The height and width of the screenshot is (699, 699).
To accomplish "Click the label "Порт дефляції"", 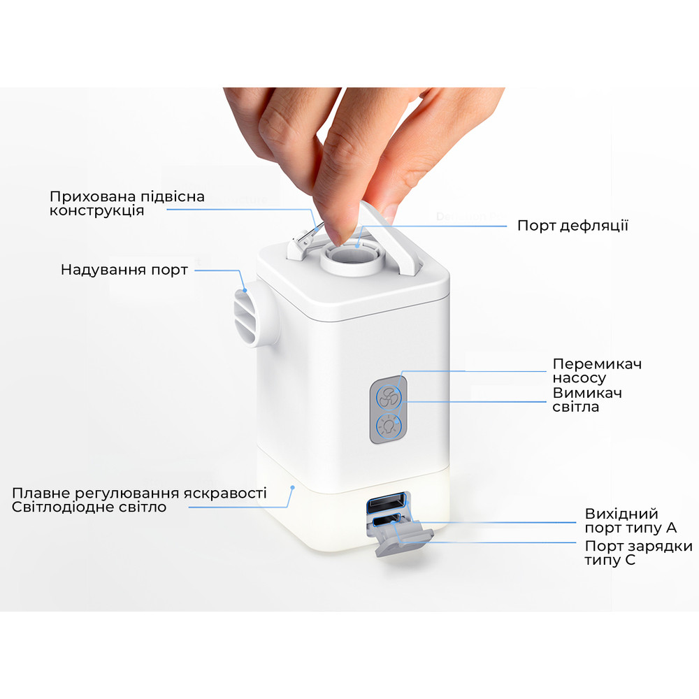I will (572, 226).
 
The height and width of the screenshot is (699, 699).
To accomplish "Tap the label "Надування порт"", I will (124, 269).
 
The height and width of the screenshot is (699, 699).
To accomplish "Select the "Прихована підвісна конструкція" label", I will (127, 203).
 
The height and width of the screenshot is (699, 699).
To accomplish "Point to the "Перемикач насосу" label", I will (596, 371).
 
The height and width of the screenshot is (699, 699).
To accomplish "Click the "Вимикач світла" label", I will (586, 399).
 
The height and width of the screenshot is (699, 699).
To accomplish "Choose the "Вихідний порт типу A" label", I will (631, 521).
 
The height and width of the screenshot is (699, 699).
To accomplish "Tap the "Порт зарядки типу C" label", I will (638, 553).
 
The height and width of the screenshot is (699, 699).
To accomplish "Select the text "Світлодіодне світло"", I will (89, 507).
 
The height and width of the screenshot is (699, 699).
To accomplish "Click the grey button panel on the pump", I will (388, 410).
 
